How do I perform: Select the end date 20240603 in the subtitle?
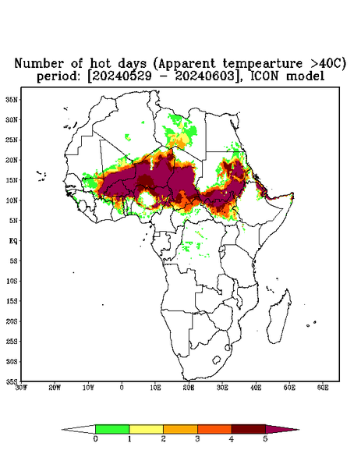(x=205, y=76)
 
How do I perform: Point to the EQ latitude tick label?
(x=13, y=240)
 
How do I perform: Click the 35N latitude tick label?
(x=12, y=99)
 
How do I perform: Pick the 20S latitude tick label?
(x=12, y=321)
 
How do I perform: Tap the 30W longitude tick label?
(x=21, y=388)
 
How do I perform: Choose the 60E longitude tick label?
(x=323, y=388)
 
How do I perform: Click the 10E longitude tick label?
(x=155, y=388)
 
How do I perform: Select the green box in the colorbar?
(x=112, y=429)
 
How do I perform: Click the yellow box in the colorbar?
(x=146, y=429)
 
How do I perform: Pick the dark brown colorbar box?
(x=249, y=429)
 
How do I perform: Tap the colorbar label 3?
(x=197, y=439)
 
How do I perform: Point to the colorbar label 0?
(x=95, y=439)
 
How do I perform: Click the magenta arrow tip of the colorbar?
(x=299, y=430)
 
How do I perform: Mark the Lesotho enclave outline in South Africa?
(x=216, y=360)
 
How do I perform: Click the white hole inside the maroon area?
(x=147, y=199)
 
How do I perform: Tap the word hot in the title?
(x=101, y=64)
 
